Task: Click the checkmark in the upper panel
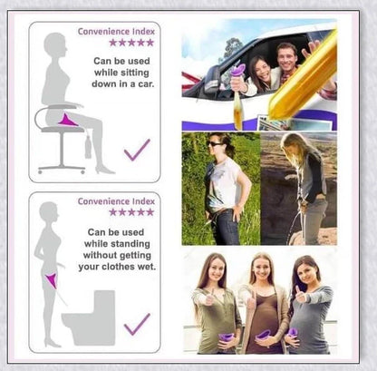pyautogui.click(x=137, y=150)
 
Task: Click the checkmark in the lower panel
pyautogui.click(x=137, y=323)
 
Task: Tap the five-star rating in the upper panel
pyautogui.click(x=130, y=43)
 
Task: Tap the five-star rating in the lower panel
pyautogui.click(x=130, y=212)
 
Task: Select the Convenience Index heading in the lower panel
pyautogui.click(x=115, y=201)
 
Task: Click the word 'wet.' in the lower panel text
pyautogui.click(x=144, y=268)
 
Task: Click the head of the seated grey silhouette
pyautogui.click(x=55, y=44)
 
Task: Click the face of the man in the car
pyautogui.click(x=286, y=56)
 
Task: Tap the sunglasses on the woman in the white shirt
pyautogui.click(x=216, y=143)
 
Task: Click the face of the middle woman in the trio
pyautogui.click(x=261, y=270)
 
